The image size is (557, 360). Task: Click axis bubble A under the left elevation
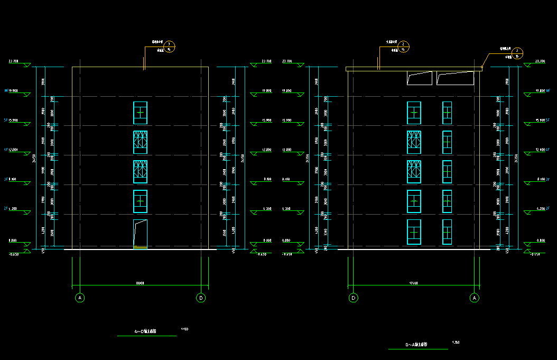pos(80,298)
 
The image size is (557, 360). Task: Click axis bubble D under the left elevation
pos(201,298)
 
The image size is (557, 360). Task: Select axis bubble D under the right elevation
pos(353,298)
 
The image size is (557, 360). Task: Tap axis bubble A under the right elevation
pos(475,298)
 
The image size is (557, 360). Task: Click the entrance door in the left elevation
pos(140,234)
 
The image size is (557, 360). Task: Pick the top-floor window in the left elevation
pos(140,113)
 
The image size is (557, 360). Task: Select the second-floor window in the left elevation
pos(140,201)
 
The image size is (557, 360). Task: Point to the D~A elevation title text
pos(417,345)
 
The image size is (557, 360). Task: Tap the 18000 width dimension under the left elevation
pos(140,283)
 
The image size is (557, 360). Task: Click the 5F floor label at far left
pos(6,121)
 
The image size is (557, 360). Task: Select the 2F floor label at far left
pos(6,209)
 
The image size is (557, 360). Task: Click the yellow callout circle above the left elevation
pos(169,47)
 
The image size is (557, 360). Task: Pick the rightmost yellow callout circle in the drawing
pos(518,53)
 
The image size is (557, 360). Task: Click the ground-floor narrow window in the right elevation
pos(447,232)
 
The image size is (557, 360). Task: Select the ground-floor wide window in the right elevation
pos(414,232)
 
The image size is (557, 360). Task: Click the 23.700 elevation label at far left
pos(14,61)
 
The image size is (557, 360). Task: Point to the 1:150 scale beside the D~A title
pos(456,343)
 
